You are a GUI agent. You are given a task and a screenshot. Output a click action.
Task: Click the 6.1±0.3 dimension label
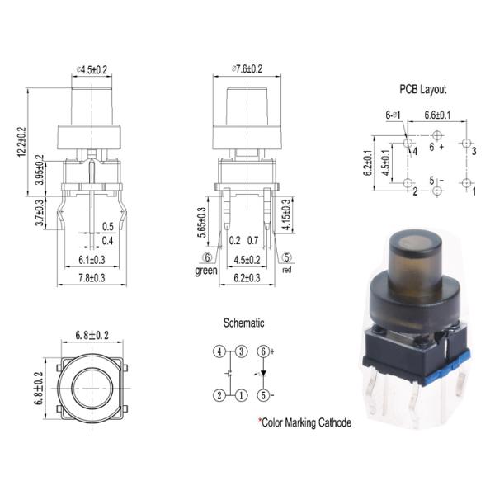click(91, 259)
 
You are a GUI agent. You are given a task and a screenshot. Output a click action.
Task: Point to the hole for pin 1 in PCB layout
click(466, 182)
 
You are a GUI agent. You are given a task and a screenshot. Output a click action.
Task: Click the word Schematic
click(243, 323)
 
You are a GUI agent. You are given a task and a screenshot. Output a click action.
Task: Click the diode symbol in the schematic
click(263, 373)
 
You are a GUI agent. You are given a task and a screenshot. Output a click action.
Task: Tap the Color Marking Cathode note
click(304, 422)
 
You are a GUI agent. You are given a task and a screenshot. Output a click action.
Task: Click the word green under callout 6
click(205, 270)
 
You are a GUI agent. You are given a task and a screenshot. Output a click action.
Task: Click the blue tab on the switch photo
click(460, 358)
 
